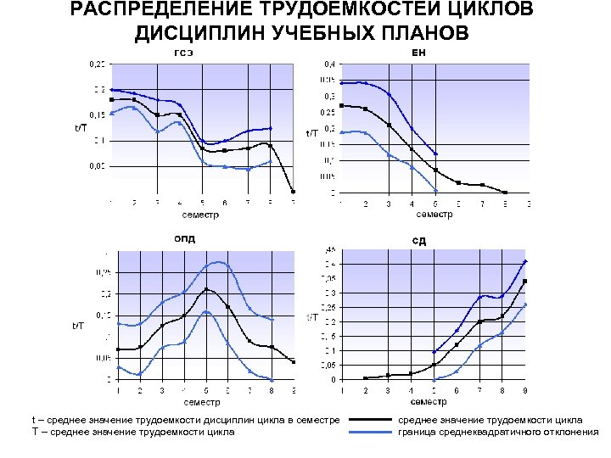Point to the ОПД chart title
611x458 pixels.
pos(185,238)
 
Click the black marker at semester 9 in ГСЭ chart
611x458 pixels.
pos(293,191)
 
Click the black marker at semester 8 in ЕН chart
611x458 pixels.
pos(505,192)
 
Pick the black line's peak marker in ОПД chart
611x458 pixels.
pos(206,289)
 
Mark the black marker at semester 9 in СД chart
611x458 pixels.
pos(526,281)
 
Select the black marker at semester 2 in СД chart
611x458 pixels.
pos(366,378)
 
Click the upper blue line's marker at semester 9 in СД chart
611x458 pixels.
pos(526,261)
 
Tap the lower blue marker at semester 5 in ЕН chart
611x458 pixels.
pos(435,190)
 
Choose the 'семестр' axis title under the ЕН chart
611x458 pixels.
pos(434,214)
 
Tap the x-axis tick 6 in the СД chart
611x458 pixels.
pos(457,391)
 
